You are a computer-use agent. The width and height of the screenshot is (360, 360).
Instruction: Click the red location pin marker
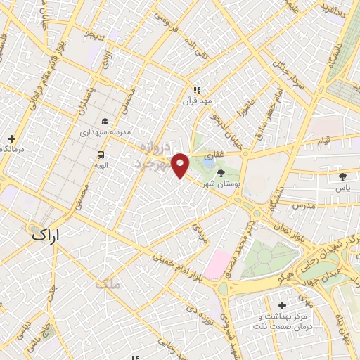[181, 165]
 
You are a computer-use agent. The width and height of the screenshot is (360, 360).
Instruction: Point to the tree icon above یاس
[342, 176]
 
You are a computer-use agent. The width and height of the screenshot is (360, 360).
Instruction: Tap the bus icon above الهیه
[101, 155]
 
